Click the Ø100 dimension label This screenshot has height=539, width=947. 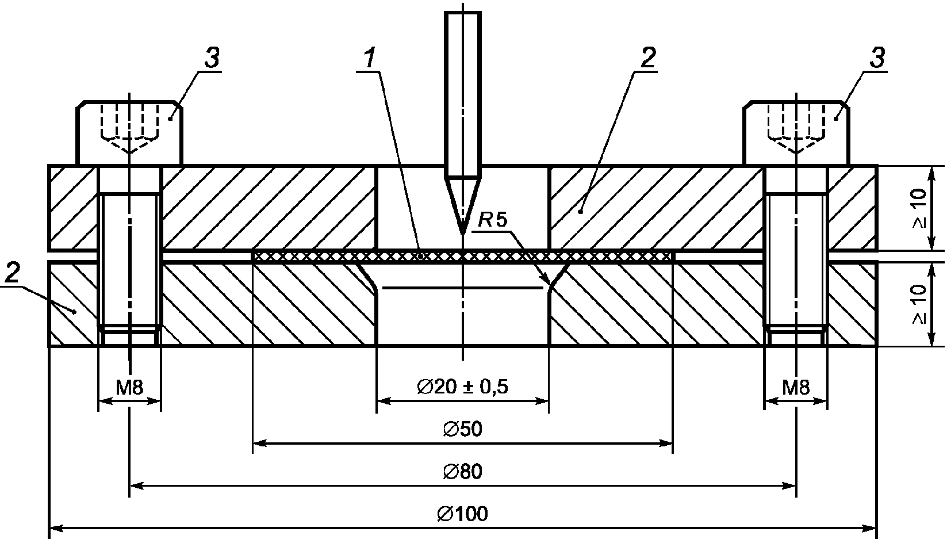pyautogui.click(x=462, y=514)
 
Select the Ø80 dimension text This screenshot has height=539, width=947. pyautogui.click(x=462, y=471)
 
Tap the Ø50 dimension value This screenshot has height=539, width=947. pyautogui.click(x=462, y=429)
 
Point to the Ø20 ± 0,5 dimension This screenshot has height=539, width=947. pyautogui.click(x=462, y=387)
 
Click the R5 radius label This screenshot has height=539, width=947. pyautogui.click(x=493, y=220)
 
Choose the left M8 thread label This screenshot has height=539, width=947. pyautogui.click(x=130, y=387)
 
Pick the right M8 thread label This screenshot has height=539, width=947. pyautogui.click(x=796, y=387)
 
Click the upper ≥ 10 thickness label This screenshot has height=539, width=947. pyautogui.click(x=919, y=208)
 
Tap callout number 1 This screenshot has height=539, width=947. pyautogui.click(x=370, y=58)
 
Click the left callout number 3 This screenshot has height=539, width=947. pyautogui.click(x=212, y=58)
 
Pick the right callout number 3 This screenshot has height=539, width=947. pyautogui.click(x=877, y=58)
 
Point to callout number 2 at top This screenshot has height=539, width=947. pyautogui.click(x=648, y=58)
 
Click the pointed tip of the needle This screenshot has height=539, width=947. pyautogui.click(x=463, y=234)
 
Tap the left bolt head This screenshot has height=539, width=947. pyautogui.click(x=129, y=133)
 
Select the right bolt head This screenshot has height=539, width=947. pyautogui.click(x=796, y=133)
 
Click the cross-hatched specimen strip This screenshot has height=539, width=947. pyautogui.click(x=462, y=256)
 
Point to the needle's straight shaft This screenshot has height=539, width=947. pyautogui.click(x=463, y=94)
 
